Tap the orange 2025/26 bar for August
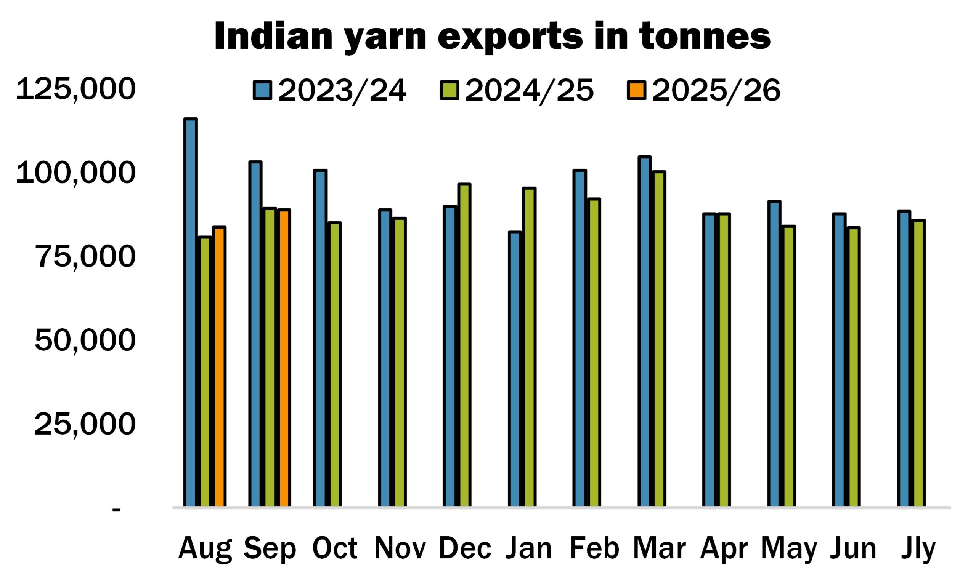(220, 367)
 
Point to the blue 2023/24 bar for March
(645, 331)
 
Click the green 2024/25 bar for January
(529, 347)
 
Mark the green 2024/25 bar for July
(919, 363)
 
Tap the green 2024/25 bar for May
(789, 366)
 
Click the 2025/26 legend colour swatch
(636, 91)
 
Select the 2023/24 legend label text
(342, 91)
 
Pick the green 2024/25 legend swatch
(449, 91)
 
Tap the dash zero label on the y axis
(116, 509)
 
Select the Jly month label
(918, 549)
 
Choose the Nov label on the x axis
(400, 548)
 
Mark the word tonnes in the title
(705, 37)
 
